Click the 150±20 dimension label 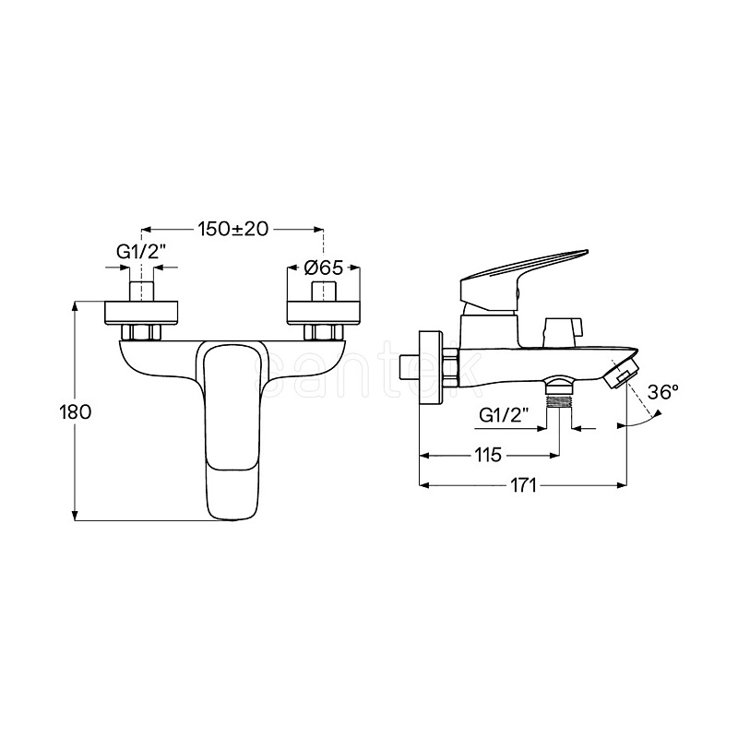pyautogui.click(x=232, y=229)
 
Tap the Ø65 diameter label pyautogui.click(x=324, y=268)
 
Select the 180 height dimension pyautogui.click(x=76, y=411)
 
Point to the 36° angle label pyautogui.click(x=662, y=391)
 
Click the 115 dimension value pyautogui.click(x=488, y=455)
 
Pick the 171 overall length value pyautogui.click(x=523, y=485)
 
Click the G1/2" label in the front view pyautogui.click(x=142, y=252)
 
